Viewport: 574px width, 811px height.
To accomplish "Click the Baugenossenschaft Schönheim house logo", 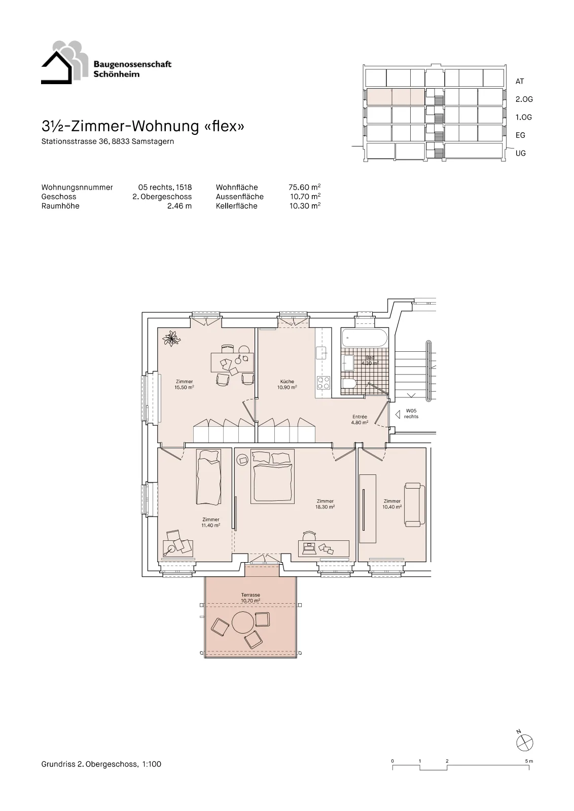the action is (64, 63).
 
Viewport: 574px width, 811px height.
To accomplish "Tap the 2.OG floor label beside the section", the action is (524, 99).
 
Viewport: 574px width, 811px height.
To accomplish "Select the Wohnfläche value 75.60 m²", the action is (305, 187).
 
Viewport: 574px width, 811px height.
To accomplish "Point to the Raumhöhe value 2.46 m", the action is (180, 206).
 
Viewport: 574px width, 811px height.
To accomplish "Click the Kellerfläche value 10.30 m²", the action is (305, 206).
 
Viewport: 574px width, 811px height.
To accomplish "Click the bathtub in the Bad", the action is (364, 338).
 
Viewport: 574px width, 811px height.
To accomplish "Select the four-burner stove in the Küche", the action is (324, 383).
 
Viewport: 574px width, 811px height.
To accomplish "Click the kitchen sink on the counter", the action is (321, 353).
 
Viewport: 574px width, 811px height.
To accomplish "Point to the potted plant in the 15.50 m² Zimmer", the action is (171, 339).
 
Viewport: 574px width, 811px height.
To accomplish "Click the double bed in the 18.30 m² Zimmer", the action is (272, 476).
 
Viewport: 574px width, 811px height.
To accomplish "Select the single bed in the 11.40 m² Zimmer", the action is (208, 476).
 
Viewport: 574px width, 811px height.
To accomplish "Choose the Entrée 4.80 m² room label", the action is (360, 419).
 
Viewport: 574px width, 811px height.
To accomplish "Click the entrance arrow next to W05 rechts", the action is (397, 414).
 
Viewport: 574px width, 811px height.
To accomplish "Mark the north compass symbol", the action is (524, 743).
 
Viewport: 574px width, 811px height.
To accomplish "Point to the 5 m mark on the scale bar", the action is (529, 761).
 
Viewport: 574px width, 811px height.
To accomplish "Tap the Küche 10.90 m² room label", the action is (287, 384).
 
